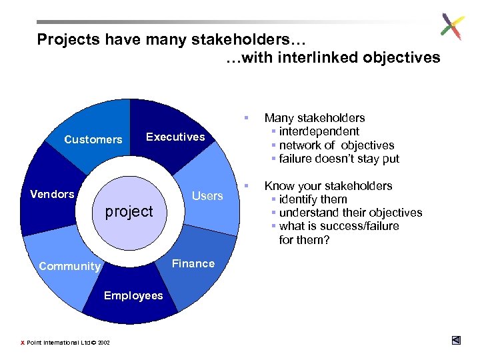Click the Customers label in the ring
pyautogui.click(x=93, y=139)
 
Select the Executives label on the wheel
pyautogui.click(x=175, y=137)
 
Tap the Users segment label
pyautogui.click(x=207, y=195)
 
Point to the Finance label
pyautogui.click(x=193, y=263)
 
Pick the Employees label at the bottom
pyautogui.click(x=133, y=295)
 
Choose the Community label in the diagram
pyautogui.click(x=69, y=266)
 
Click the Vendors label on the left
pyautogui.click(x=53, y=194)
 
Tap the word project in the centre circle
pyautogui.click(x=129, y=211)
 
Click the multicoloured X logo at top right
pyautogui.click(x=451, y=27)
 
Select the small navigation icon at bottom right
pyautogui.click(x=455, y=340)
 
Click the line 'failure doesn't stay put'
pyautogui.click(x=339, y=158)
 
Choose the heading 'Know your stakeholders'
pyautogui.click(x=328, y=186)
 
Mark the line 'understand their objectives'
pyautogui.click(x=350, y=213)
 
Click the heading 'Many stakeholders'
pyautogui.click(x=315, y=118)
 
